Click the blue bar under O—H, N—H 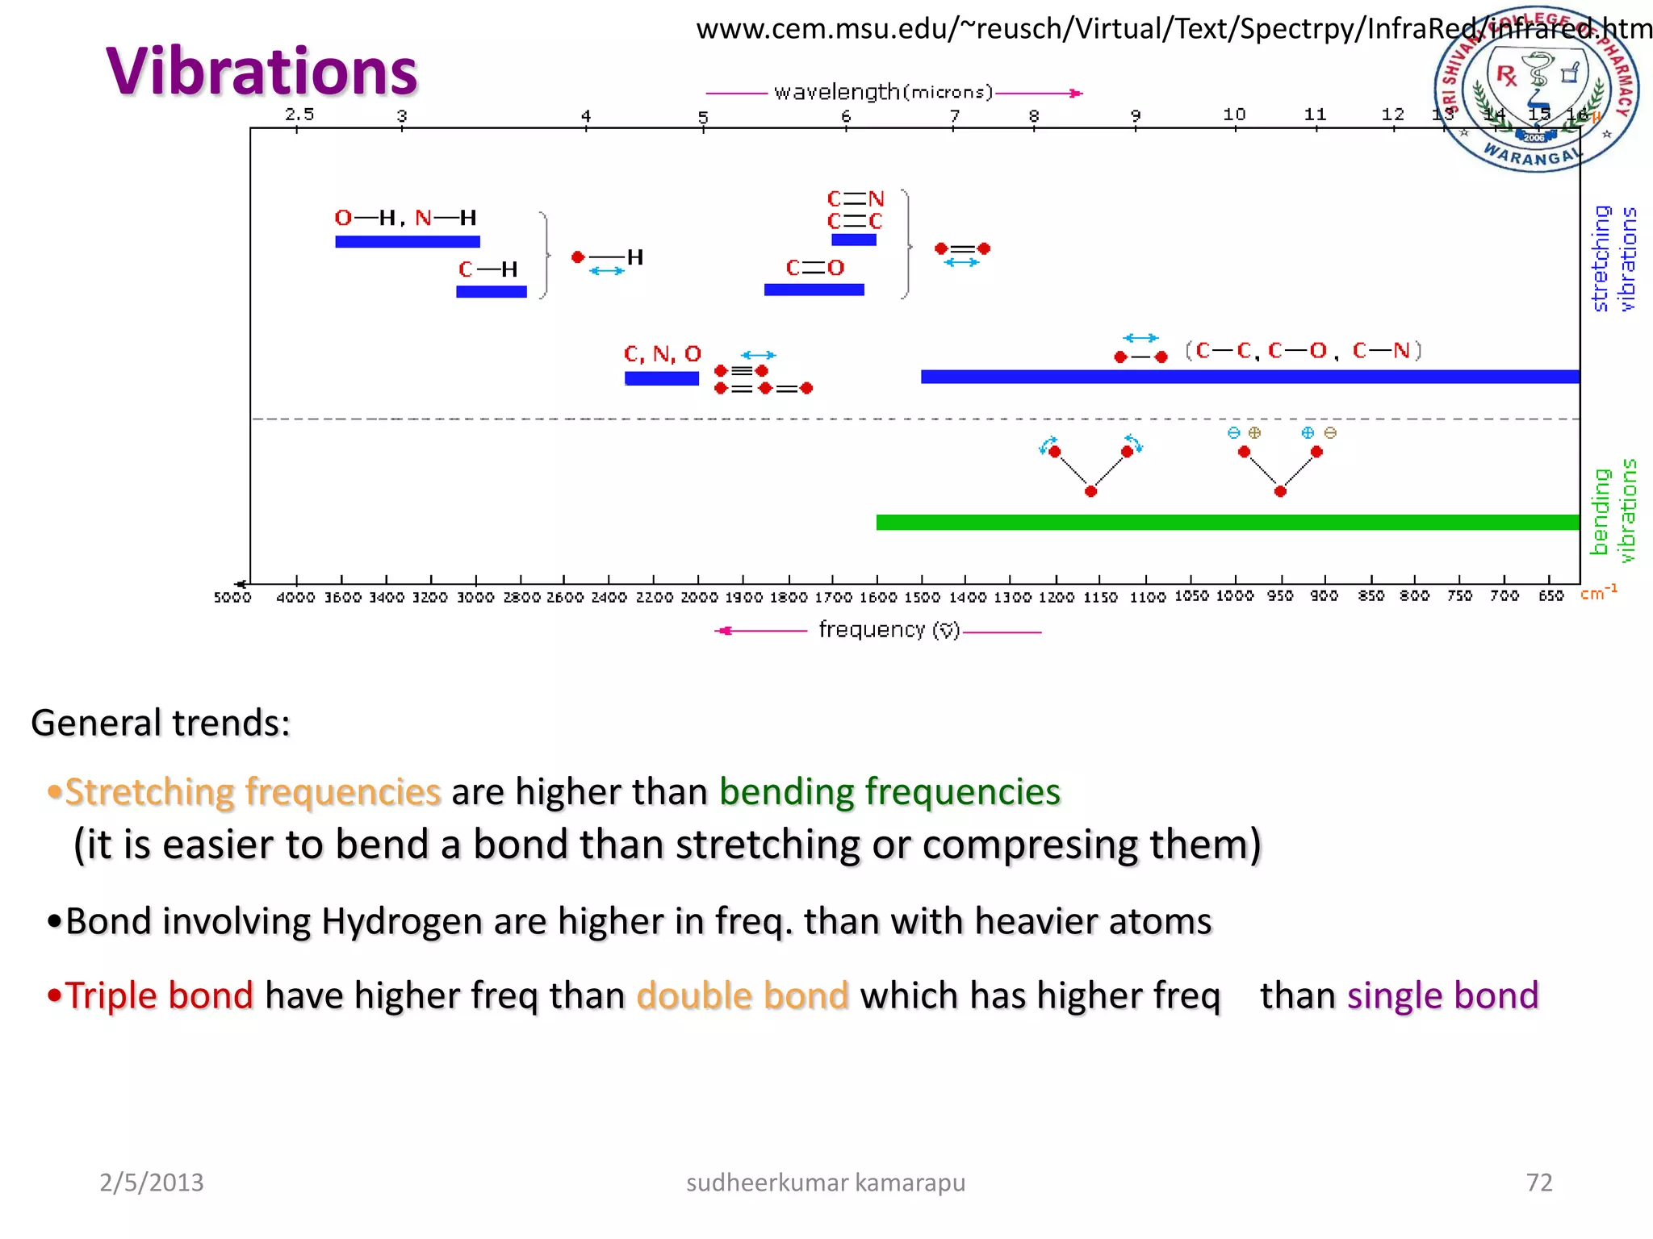(408, 241)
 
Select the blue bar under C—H (491, 291)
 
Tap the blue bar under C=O (814, 290)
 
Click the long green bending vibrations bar (1227, 522)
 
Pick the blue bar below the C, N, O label (661, 378)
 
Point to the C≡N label (856, 198)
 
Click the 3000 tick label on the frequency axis (475, 598)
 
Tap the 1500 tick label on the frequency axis (922, 598)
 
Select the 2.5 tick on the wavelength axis (299, 115)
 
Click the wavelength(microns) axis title (883, 92)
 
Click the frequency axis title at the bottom (889, 630)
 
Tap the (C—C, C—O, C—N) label (1303, 351)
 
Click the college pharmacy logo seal (1535, 89)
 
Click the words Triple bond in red (159, 995)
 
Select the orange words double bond (743, 995)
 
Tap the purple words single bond (1443, 995)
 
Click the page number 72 (1539, 1183)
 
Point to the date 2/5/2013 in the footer (151, 1183)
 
